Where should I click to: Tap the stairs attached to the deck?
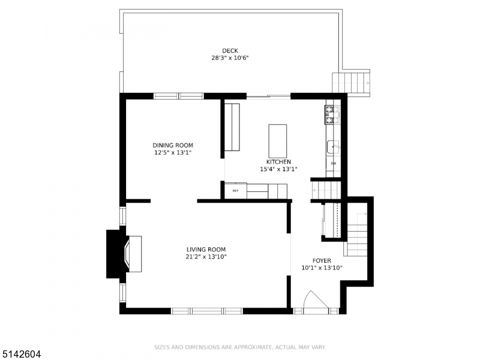point(351,82)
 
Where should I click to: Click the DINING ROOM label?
point(173,145)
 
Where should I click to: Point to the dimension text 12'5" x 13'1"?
point(173,153)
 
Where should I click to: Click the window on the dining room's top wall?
point(179,95)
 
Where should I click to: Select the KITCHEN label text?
point(279,162)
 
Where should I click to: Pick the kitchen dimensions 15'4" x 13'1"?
point(279,170)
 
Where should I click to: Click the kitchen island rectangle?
point(278,140)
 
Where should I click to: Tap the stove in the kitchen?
point(332,115)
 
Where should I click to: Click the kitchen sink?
point(333,146)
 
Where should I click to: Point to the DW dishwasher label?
point(333,164)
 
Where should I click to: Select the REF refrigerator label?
point(235,191)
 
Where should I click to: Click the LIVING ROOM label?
point(206,249)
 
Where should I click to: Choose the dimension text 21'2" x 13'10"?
point(206,257)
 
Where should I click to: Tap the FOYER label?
point(322,260)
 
